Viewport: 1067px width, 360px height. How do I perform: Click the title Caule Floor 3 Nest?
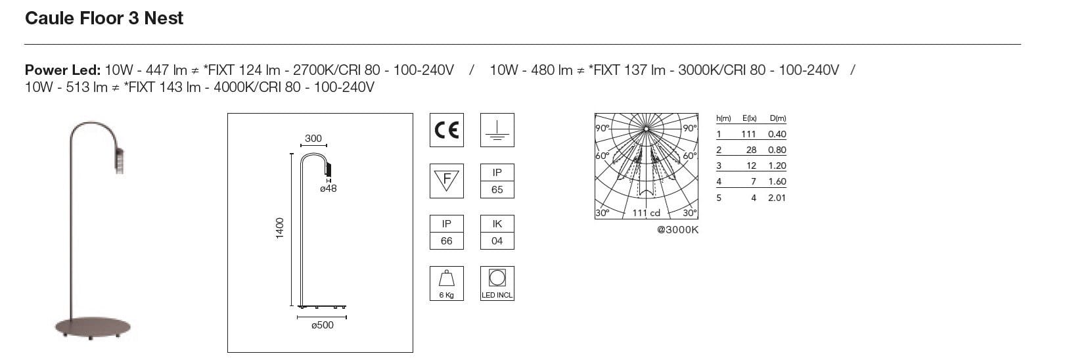tap(104, 18)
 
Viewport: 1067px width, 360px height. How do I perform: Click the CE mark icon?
tap(446, 130)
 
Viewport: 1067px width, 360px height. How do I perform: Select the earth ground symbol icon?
tap(497, 130)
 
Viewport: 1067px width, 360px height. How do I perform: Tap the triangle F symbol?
tap(446, 181)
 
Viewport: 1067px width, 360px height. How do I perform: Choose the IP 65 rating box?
tap(497, 181)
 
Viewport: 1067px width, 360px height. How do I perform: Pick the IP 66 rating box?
tap(446, 233)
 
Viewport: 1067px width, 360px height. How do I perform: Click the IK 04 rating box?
tap(497, 233)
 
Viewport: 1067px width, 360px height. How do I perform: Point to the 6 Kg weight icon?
tap(446, 283)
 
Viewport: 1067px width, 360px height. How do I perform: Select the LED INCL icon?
tap(497, 283)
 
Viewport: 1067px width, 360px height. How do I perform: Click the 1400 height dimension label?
tap(280, 228)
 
